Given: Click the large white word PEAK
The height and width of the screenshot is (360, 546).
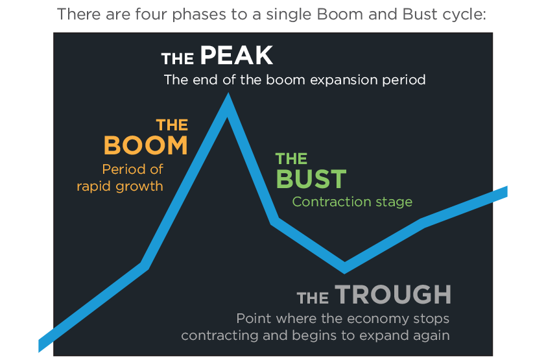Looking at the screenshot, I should click(x=237, y=56).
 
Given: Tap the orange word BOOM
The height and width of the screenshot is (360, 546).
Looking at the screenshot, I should click(x=146, y=145).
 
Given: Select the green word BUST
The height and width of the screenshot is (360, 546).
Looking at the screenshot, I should click(x=311, y=179).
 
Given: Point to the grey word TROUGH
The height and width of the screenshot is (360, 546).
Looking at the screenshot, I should click(x=393, y=294).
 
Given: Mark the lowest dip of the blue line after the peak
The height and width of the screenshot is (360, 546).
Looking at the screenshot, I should click(x=345, y=267).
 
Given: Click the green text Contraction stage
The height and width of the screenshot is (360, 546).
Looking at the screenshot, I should click(x=352, y=202).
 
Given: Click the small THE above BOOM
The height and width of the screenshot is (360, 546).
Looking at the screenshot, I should click(x=172, y=125).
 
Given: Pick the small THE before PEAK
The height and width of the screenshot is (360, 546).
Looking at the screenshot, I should click(x=178, y=60).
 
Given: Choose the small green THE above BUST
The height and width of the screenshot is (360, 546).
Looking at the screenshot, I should click(x=291, y=159).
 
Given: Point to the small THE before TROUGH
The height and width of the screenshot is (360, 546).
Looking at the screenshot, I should click(x=313, y=298).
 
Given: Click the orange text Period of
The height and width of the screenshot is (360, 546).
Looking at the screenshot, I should click(x=132, y=169).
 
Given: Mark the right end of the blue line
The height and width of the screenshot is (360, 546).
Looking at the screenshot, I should click(x=504, y=191).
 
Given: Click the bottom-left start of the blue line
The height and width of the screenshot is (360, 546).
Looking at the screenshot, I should click(x=42, y=345).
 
